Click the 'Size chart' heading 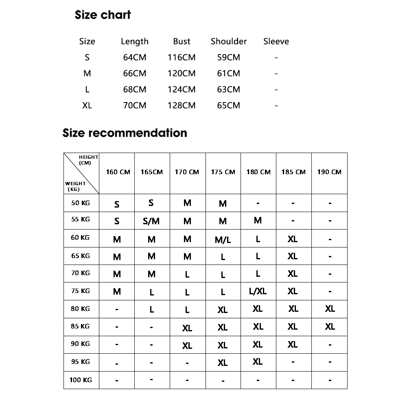[x=103, y=15]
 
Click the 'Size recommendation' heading [x=125, y=133]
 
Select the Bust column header [x=182, y=41]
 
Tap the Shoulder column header [x=229, y=41]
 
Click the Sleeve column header [x=276, y=41]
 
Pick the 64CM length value [x=134, y=57]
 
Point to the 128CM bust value [x=182, y=105]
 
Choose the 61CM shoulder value [x=228, y=73]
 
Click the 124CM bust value [x=182, y=90]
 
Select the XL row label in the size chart [x=87, y=105]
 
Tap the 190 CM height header [x=329, y=172]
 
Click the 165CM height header [x=152, y=172]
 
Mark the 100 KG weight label [x=81, y=380]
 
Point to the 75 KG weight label [x=81, y=291]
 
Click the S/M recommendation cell [x=151, y=221]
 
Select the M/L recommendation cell [x=223, y=240]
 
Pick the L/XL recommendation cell [x=258, y=291]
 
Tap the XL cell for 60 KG [x=293, y=239]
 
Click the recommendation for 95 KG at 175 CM [x=223, y=363]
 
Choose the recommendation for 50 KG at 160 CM [x=117, y=204]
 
